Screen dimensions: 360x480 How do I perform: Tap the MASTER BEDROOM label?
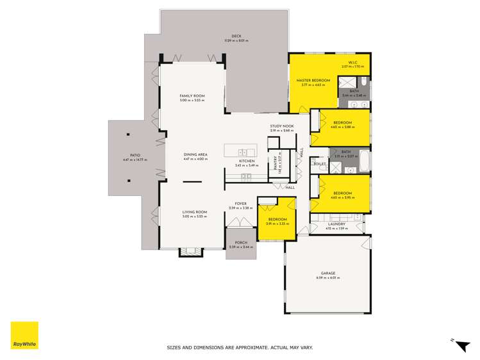tap(313, 80)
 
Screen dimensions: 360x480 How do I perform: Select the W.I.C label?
tap(352, 62)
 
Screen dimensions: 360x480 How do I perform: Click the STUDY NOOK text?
tap(281, 126)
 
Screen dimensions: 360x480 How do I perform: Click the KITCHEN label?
tap(247, 161)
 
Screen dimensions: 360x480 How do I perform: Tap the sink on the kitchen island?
tap(244, 152)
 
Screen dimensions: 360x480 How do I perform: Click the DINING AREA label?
tap(195, 154)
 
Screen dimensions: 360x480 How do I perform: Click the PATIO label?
tap(135, 155)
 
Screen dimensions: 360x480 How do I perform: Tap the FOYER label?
tap(240, 204)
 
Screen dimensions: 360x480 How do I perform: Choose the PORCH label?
tap(241, 243)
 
